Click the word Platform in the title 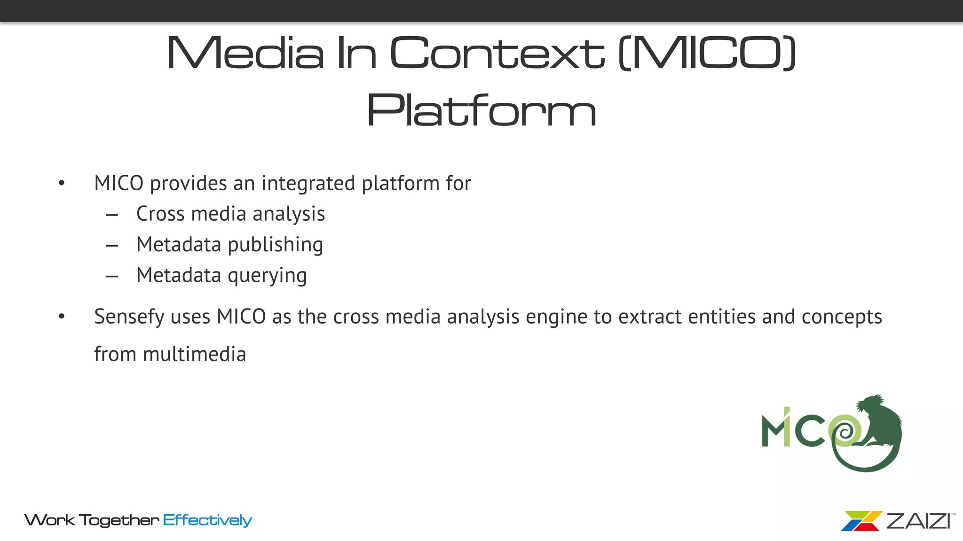pyautogui.click(x=481, y=111)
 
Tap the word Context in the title pyautogui.click(x=497, y=53)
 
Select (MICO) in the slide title pyautogui.click(x=707, y=53)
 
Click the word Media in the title pyautogui.click(x=245, y=53)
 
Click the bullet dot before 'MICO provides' pyautogui.click(x=62, y=183)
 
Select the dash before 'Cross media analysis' pyautogui.click(x=112, y=215)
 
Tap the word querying pyautogui.click(x=267, y=276)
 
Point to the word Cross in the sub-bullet pyautogui.click(x=160, y=214)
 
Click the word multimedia pyautogui.click(x=194, y=355)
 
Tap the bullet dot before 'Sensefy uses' pyautogui.click(x=62, y=317)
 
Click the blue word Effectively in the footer pyautogui.click(x=207, y=520)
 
